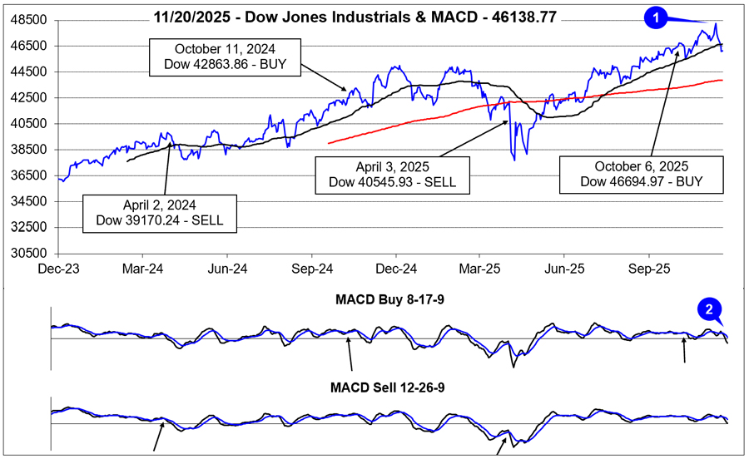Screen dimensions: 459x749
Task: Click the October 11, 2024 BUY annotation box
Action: point(222,55)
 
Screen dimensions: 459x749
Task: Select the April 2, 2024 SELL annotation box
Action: point(161,213)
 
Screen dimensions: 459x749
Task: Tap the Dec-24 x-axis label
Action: point(395,269)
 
